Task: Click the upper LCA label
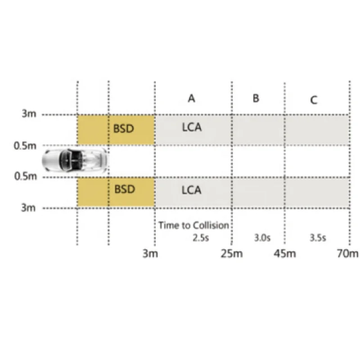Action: pyautogui.click(x=191, y=127)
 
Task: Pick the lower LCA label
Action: pyautogui.click(x=191, y=190)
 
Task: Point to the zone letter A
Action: pyautogui.click(x=192, y=99)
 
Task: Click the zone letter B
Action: pyautogui.click(x=256, y=98)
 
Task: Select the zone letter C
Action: pyautogui.click(x=314, y=100)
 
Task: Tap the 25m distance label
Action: pyautogui.click(x=232, y=254)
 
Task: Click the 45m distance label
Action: pyautogui.click(x=285, y=254)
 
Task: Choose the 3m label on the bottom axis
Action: pyautogui.click(x=150, y=254)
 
